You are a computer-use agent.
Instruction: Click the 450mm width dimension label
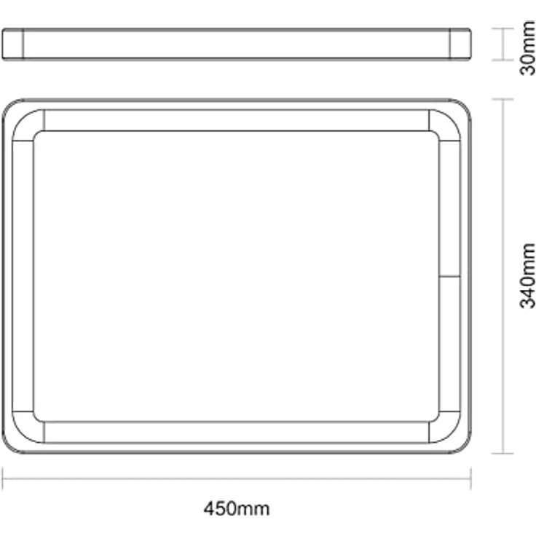click(x=237, y=508)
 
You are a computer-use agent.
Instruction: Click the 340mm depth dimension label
click(x=527, y=275)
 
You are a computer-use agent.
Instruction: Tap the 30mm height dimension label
click(x=527, y=47)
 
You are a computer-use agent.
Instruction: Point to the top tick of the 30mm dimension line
click(x=502, y=29)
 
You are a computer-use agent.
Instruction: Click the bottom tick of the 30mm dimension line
click(x=502, y=60)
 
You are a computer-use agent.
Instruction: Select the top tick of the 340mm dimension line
click(x=502, y=100)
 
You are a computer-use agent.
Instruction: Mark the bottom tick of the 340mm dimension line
click(x=502, y=453)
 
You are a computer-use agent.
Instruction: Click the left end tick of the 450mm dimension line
click(x=3, y=478)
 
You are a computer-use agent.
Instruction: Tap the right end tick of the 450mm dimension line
click(x=470, y=478)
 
